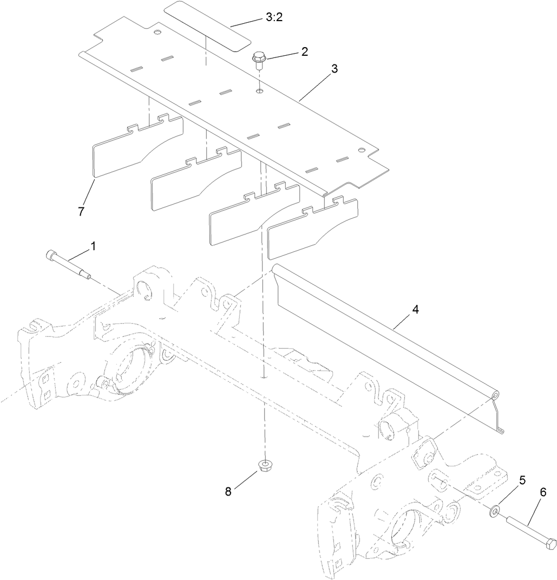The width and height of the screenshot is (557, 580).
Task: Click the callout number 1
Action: (x=93, y=246)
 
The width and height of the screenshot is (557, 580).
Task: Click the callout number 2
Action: (x=304, y=52)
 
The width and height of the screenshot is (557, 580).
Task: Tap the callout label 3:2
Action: (x=274, y=17)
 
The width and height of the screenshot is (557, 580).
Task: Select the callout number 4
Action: (x=415, y=310)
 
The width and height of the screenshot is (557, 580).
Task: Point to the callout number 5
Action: (x=522, y=480)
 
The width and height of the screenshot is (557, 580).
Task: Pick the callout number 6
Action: (x=543, y=492)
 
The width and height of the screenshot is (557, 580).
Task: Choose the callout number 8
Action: (x=228, y=491)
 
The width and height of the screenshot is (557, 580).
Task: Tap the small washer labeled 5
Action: (x=496, y=510)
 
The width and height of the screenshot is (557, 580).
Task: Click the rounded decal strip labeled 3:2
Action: (x=207, y=25)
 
